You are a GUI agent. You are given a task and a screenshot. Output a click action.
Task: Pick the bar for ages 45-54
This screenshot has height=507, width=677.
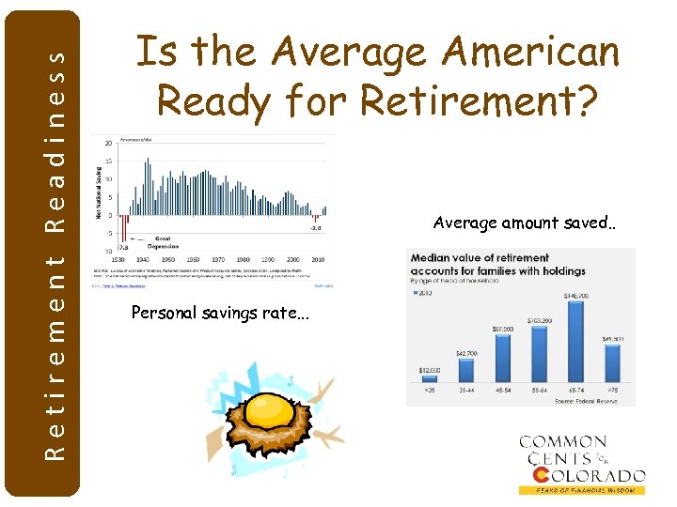(x=504, y=358)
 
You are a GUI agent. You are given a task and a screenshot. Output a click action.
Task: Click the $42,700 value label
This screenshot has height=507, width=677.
(x=466, y=353)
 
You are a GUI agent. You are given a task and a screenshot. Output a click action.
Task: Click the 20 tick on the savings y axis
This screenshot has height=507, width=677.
(x=109, y=144)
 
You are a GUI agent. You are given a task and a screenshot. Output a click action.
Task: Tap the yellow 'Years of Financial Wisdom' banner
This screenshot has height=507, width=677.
(x=583, y=490)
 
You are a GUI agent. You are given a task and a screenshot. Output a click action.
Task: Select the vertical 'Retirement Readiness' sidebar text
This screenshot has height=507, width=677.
(x=57, y=253)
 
